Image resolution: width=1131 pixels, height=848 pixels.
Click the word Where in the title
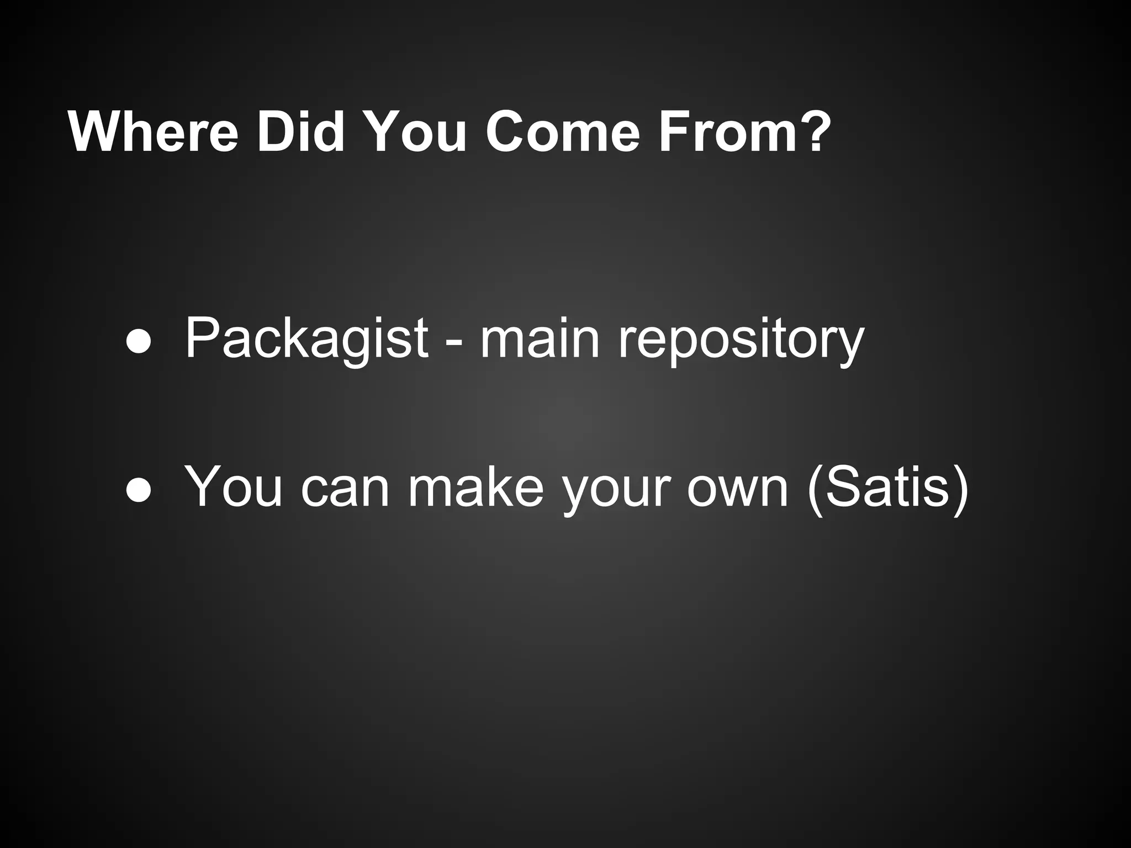[153, 132]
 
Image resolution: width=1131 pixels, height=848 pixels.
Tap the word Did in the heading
[300, 132]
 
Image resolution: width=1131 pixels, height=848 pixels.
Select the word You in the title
[415, 132]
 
